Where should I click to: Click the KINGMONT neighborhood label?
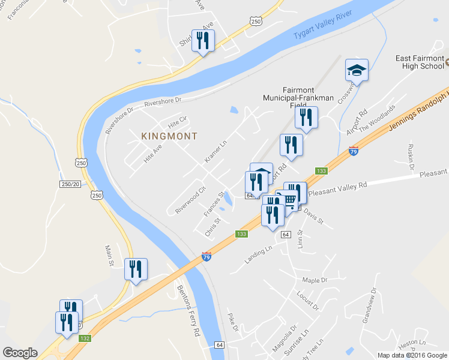click(x=169, y=136)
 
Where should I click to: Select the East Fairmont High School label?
click(x=419, y=62)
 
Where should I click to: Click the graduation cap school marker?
click(x=357, y=71)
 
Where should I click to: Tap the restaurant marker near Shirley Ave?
click(x=202, y=41)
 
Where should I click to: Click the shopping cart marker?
click(x=289, y=200)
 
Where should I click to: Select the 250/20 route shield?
click(x=70, y=184)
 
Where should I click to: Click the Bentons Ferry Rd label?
click(x=188, y=310)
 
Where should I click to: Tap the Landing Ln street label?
click(x=259, y=254)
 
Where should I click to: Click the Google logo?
click(x=20, y=353)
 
